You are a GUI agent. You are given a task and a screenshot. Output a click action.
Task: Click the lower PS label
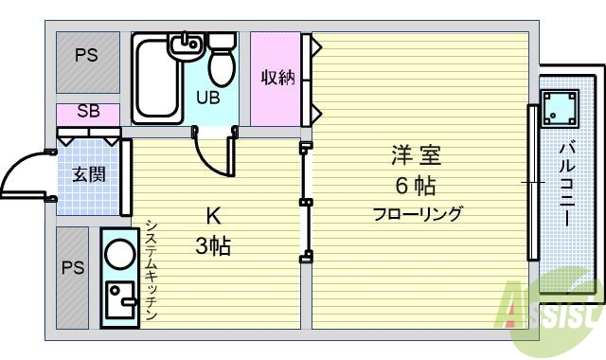[73, 268]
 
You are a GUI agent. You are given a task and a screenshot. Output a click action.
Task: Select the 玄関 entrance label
[88, 174]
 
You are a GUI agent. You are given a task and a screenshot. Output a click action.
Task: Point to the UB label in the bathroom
[208, 96]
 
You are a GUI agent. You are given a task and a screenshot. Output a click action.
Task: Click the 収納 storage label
[277, 78]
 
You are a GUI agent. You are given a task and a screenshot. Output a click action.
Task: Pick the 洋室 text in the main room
[416, 154]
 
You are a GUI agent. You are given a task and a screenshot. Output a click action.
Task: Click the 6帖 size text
[416, 184]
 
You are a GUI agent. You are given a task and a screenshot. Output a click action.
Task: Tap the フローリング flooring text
[417, 214]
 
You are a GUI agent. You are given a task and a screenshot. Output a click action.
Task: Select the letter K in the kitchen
[213, 214]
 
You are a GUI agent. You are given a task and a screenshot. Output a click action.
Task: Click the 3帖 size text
[213, 248]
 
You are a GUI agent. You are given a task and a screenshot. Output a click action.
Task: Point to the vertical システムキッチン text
[151, 271]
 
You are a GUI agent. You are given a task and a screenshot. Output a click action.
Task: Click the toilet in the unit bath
[222, 62]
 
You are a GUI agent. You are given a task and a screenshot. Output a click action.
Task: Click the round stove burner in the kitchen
[120, 255]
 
